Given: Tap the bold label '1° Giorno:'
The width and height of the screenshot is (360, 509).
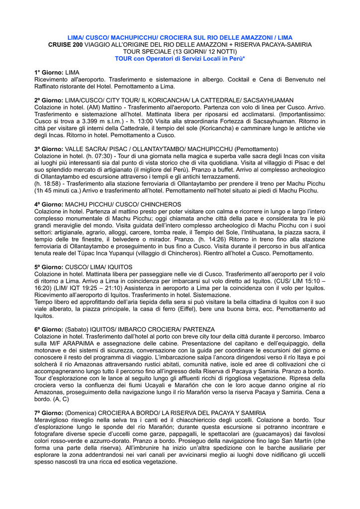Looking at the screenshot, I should (x=49, y=73).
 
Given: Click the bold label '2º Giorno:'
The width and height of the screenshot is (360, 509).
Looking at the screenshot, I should (x=49, y=100).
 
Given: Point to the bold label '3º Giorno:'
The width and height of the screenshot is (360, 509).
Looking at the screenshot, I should (x=49, y=149).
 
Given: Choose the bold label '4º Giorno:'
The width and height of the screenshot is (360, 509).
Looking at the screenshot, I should (x=49, y=204).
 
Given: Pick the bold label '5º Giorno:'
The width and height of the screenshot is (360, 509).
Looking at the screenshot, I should (x=49, y=267).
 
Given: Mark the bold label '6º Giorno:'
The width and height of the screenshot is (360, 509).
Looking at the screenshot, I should (x=49, y=329).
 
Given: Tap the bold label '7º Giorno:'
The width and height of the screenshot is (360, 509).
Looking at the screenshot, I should (x=49, y=413).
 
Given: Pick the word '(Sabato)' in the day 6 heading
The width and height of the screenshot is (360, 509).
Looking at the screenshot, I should (x=77, y=329).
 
